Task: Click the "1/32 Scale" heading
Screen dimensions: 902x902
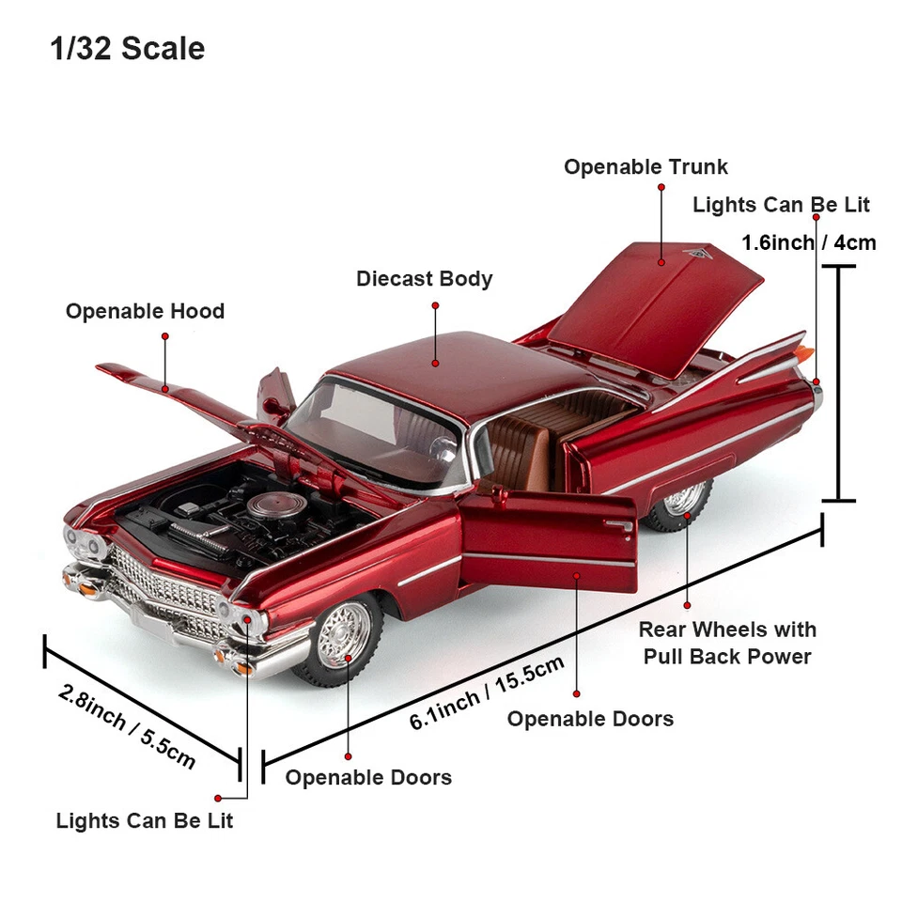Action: pyautogui.click(x=127, y=49)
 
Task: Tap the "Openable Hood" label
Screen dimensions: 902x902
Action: pyautogui.click(x=145, y=311)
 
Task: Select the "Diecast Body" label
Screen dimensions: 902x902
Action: pyautogui.click(x=424, y=279)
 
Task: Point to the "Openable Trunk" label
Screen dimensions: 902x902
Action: pyautogui.click(x=645, y=167)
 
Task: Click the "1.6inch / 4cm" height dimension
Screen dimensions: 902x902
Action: pyautogui.click(x=808, y=242)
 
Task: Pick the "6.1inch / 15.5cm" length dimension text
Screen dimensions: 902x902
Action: pyautogui.click(x=487, y=693)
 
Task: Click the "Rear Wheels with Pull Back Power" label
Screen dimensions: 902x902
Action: pyautogui.click(x=727, y=643)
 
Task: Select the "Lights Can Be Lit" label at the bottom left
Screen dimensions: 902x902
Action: pyautogui.click(x=144, y=820)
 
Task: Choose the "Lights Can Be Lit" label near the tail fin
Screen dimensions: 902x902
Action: pyautogui.click(x=781, y=205)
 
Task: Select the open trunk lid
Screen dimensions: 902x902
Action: pyautogui.click(x=658, y=301)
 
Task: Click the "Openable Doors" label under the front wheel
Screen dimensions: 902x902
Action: pyautogui.click(x=368, y=777)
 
